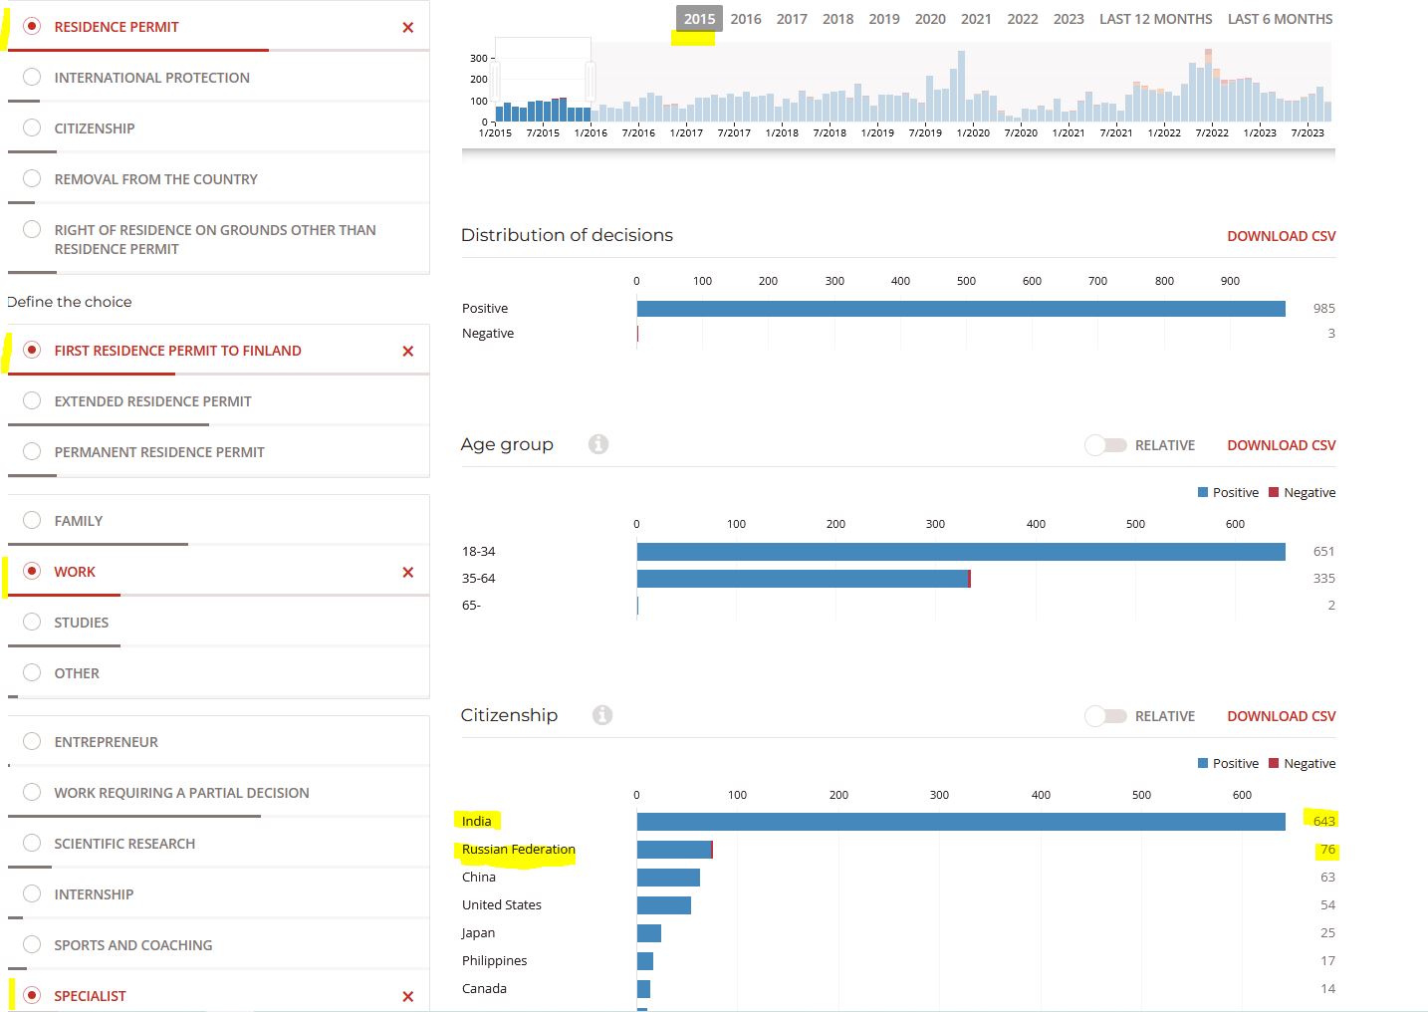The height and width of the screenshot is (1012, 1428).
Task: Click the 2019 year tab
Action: (883, 19)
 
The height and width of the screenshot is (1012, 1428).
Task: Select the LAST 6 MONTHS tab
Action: (1280, 19)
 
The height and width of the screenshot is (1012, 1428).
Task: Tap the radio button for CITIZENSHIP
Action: (31, 127)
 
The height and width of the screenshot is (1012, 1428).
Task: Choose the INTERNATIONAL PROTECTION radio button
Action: (31, 77)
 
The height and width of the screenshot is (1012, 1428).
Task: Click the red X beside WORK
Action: (408, 572)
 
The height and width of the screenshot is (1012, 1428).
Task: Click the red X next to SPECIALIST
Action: (408, 996)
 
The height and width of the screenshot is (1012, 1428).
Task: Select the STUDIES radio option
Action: (31, 622)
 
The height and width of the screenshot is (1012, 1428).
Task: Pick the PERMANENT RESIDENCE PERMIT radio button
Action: (31, 451)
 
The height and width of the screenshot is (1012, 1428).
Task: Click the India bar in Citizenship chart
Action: (961, 822)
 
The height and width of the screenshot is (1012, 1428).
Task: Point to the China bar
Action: (668, 878)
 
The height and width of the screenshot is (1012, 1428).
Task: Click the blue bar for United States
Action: (663, 904)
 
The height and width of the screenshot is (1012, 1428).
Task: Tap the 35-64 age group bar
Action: (804, 579)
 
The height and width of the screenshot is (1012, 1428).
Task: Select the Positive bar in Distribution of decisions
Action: (961, 309)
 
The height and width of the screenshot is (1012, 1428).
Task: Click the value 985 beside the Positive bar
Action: (1323, 309)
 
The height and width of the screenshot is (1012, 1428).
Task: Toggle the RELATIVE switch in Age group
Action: (1106, 445)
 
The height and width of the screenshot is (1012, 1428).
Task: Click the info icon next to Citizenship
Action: (601, 715)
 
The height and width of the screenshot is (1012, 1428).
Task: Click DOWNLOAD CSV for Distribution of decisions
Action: (1281, 236)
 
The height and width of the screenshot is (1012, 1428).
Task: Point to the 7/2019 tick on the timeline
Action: (925, 132)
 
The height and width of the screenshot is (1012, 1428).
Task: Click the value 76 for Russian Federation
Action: (1327, 850)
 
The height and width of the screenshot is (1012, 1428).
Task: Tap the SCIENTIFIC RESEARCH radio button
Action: (31, 843)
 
